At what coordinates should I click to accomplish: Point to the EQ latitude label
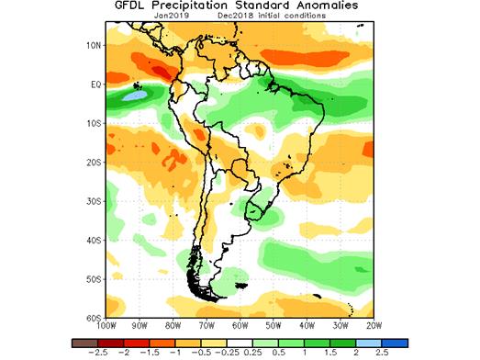94,84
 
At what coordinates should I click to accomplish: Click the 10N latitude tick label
93,44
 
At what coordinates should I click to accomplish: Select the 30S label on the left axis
93,201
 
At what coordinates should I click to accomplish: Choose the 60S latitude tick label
93,318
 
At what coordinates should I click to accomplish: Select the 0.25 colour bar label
251,352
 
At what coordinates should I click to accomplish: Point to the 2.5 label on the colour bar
380,352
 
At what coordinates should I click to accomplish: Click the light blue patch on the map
134,93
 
